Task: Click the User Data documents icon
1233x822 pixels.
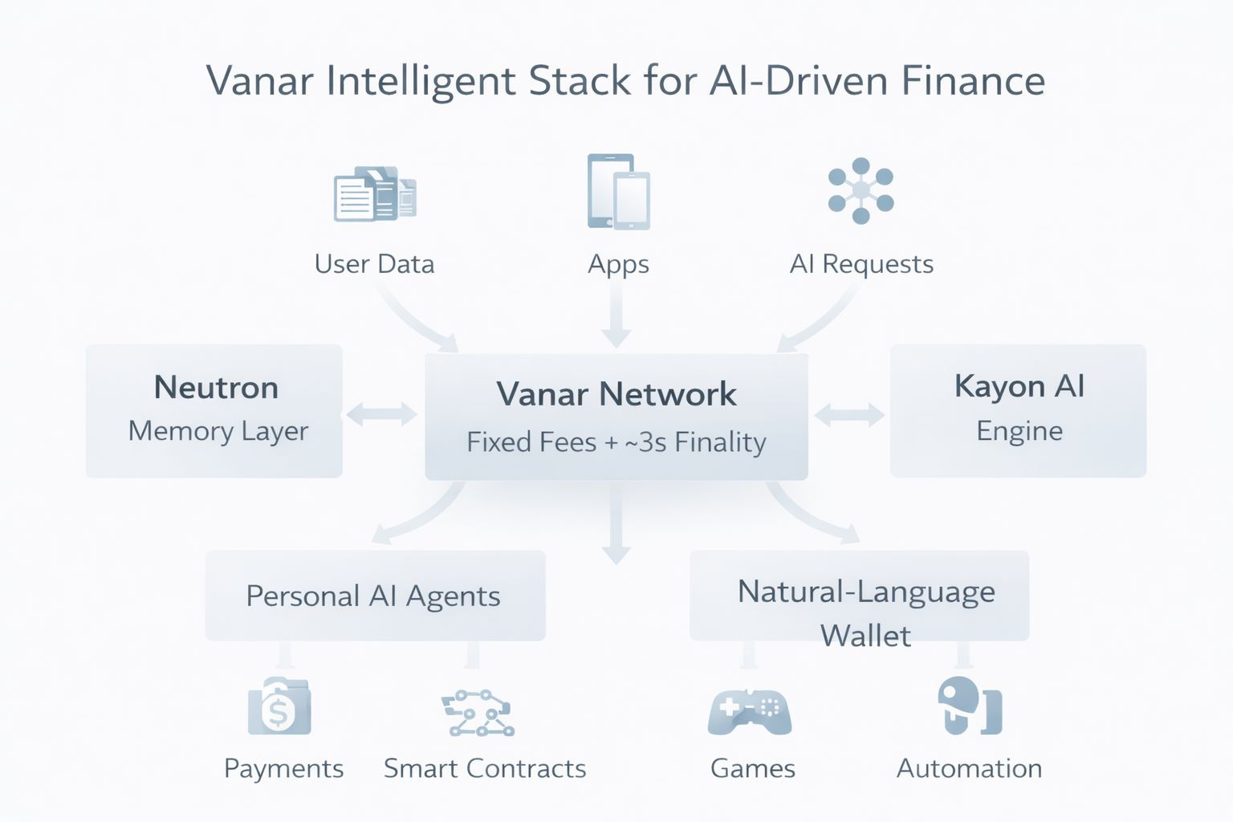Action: point(375,194)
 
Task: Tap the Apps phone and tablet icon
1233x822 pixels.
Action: point(618,192)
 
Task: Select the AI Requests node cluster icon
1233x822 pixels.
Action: point(861,190)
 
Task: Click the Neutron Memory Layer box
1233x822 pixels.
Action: point(214,411)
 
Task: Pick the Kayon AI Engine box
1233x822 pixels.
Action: point(1018,411)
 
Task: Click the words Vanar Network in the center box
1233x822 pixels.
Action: point(616,394)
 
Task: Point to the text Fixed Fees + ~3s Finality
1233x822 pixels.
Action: point(616,442)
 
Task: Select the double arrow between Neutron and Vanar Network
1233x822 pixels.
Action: point(382,414)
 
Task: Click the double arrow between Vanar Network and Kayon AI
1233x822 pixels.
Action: point(849,415)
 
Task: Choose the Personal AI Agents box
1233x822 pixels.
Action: point(375,596)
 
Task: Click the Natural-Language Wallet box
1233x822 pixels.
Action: point(859,596)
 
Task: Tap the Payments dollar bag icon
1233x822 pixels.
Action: point(279,707)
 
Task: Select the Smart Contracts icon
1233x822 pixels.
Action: point(479,713)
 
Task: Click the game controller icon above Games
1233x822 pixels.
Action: point(750,711)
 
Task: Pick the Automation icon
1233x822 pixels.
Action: point(969,706)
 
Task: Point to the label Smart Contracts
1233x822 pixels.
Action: point(485,769)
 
